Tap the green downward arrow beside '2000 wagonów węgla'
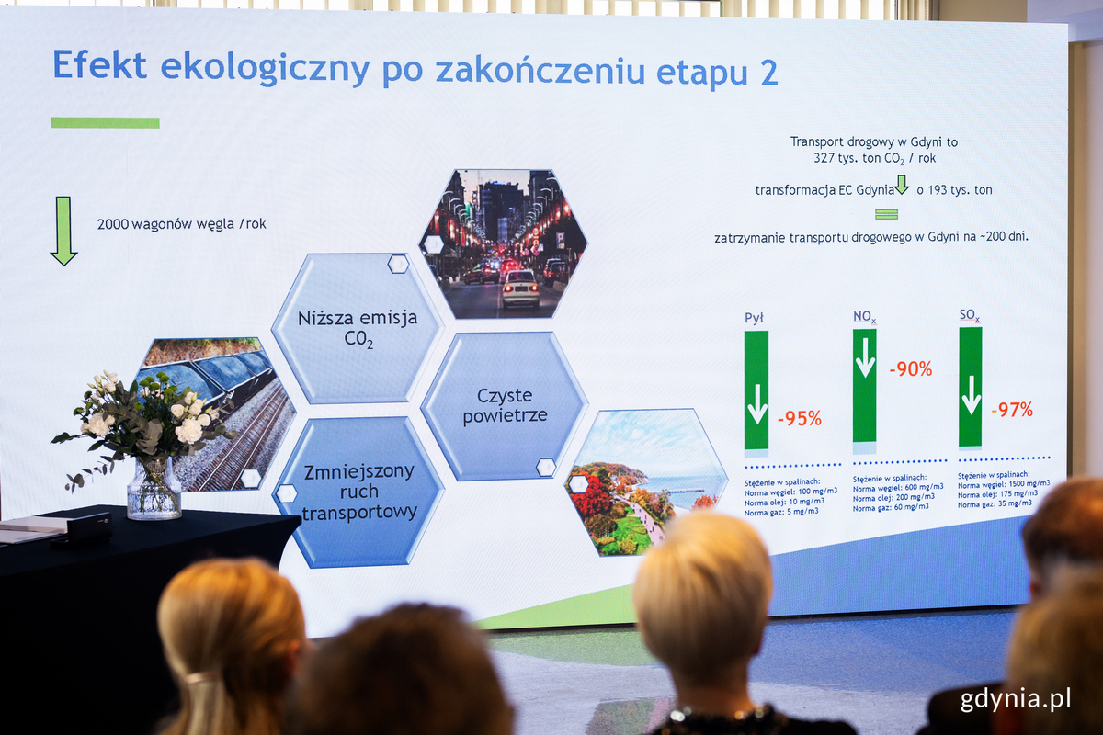[63, 231]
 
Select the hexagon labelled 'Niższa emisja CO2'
[357, 329]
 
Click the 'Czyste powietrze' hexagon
[505, 405]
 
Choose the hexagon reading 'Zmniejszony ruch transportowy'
[358, 492]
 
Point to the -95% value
[799, 419]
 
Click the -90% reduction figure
[910, 369]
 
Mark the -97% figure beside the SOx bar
[1011, 410]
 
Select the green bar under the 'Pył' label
[756, 390]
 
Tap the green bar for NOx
[864, 386]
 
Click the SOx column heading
[969, 315]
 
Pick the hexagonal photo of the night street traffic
[503, 243]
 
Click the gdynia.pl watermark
[1016, 699]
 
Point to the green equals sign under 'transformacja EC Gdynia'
[886, 214]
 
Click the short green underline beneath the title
[105, 122]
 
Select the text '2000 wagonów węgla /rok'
[181, 224]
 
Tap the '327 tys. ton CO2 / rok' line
[873, 158]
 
